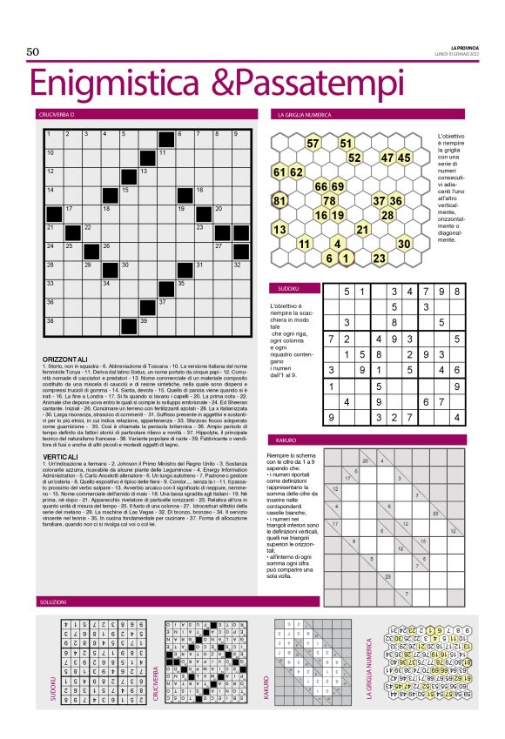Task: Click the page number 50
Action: pyautogui.click(x=34, y=52)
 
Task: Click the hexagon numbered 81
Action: pyautogui.click(x=280, y=201)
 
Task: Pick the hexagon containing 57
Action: pyautogui.click(x=313, y=143)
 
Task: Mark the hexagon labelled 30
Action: pyautogui.click(x=403, y=245)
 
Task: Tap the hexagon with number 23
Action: pyautogui.click(x=379, y=259)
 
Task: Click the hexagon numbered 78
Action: pyautogui.click(x=329, y=201)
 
